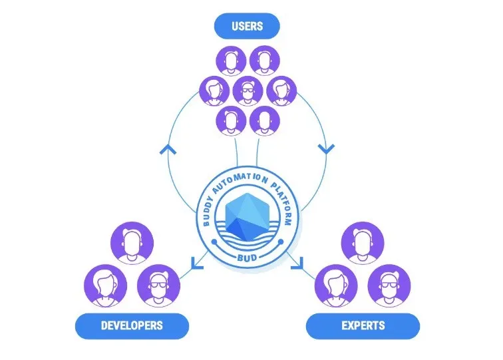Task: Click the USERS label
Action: [x=247, y=26]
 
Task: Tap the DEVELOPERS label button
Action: [x=132, y=325]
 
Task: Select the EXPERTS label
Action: [x=363, y=325]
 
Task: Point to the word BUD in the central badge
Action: [x=247, y=258]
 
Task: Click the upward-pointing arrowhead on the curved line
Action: [x=168, y=149]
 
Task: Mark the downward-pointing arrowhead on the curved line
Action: [x=326, y=149]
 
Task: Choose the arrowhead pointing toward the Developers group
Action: [x=197, y=263]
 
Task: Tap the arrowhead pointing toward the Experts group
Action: [x=297, y=263]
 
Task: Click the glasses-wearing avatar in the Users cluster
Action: [x=248, y=90]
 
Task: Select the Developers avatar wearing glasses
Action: [x=158, y=286]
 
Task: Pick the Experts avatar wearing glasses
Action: [x=389, y=286]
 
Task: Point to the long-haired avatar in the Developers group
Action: [x=106, y=286]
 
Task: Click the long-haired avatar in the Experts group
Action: [x=336, y=286]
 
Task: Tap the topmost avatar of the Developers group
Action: [x=132, y=243]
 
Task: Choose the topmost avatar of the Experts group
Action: [x=363, y=243]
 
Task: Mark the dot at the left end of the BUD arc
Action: [x=214, y=242]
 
